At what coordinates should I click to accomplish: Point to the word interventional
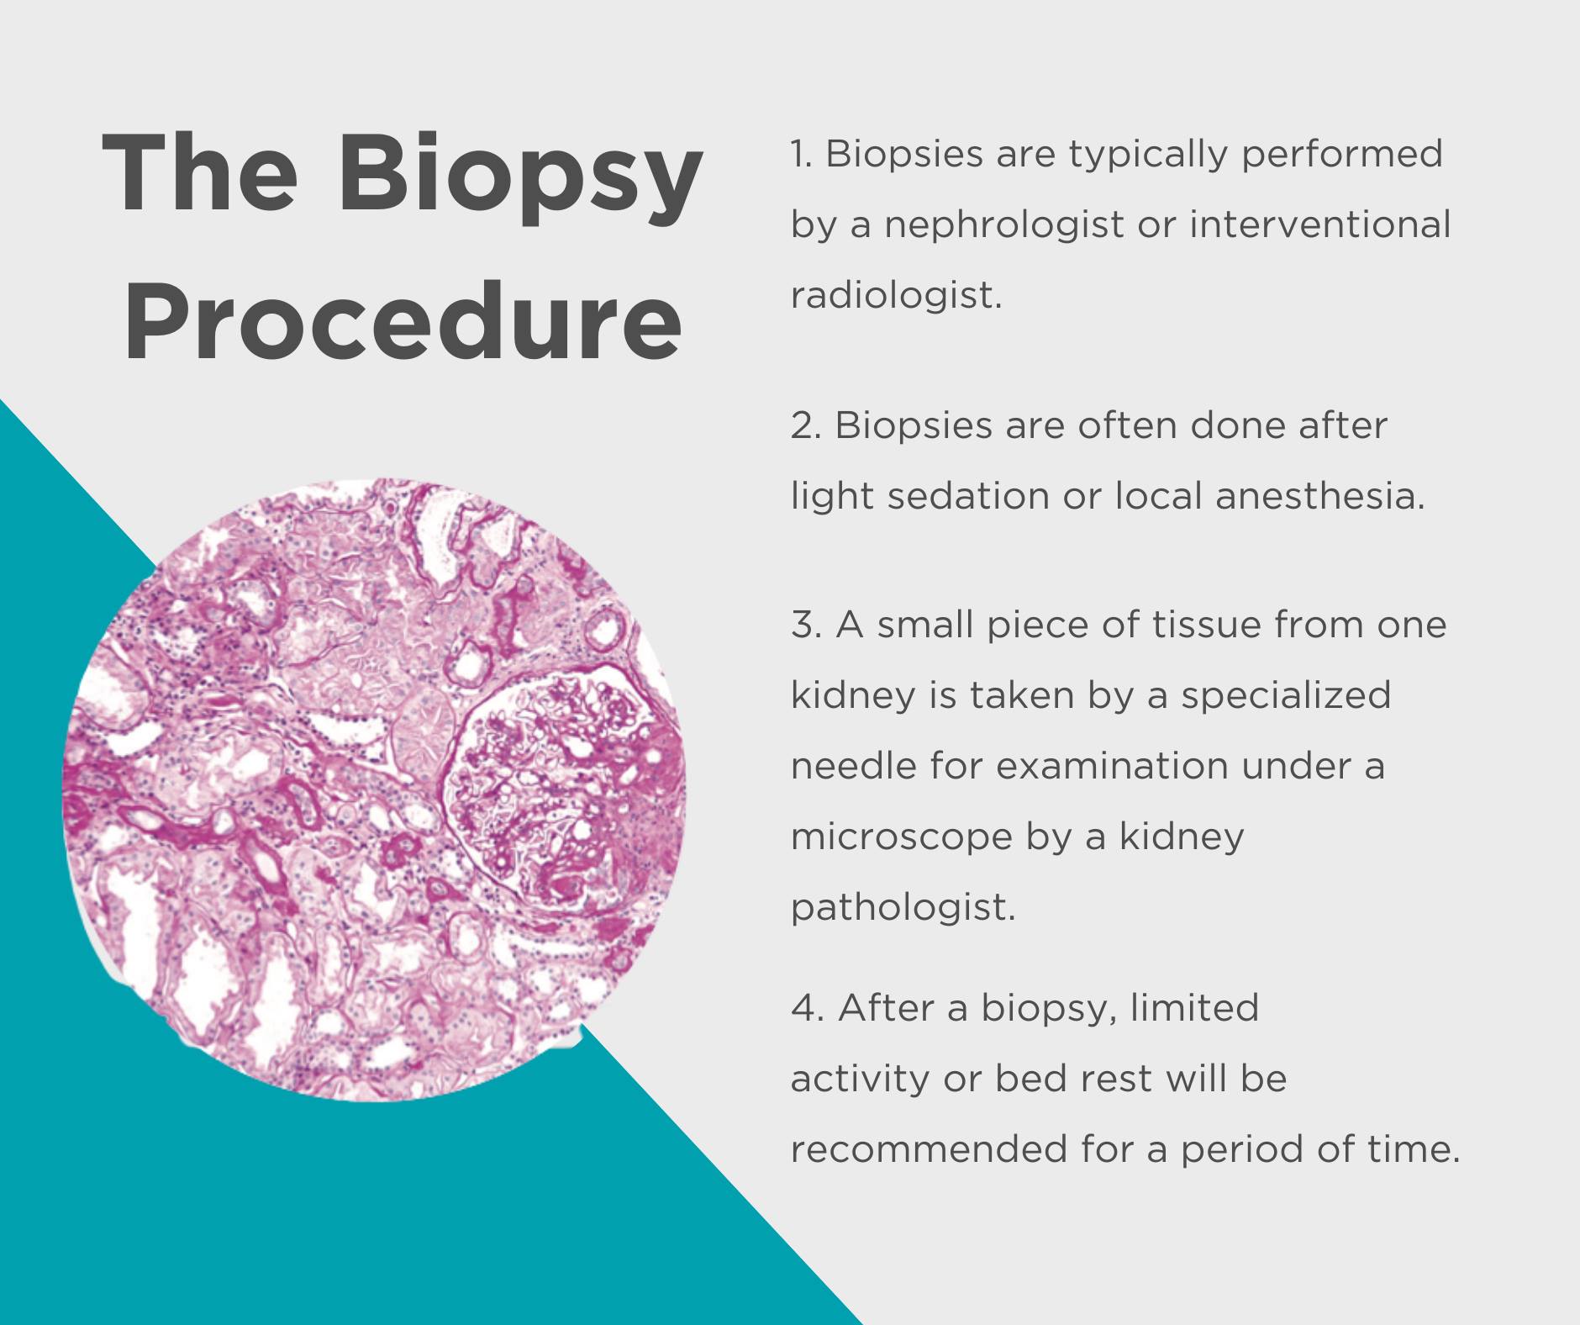click(x=1320, y=224)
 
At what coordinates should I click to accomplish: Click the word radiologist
click(x=897, y=295)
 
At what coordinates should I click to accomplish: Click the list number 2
click(x=806, y=426)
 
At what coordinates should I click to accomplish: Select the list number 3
click(x=806, y=626)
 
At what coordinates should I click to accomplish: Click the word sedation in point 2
click(x=967, y=496)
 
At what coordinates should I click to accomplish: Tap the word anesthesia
click(x=1320, y=496)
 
